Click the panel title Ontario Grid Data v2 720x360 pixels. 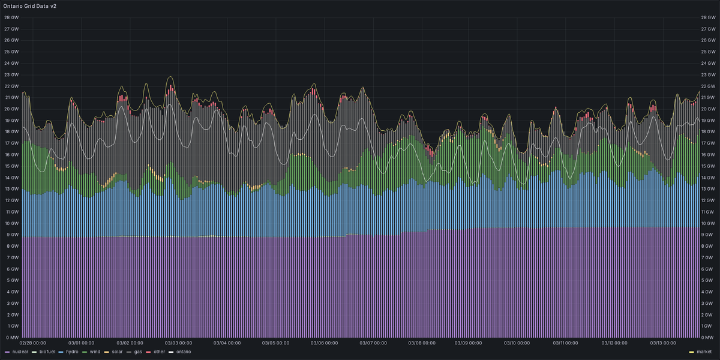click(x=30, y=5)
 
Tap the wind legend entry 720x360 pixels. click(x=95, y=351)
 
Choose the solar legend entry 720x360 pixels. click(x=118, y=351)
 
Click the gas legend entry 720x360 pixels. click(x=138, y=351)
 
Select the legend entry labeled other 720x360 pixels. click(x=159, y=351)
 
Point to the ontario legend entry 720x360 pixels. click(x=183, y=351)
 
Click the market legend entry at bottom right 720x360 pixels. click(x=704, y=351)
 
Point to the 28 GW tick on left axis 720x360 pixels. click(x=11, y=17)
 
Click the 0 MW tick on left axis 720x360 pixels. click(x=11, y=338)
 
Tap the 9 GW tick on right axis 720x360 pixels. click(x=709, y=235)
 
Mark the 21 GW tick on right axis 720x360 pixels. click(x=710, y=97)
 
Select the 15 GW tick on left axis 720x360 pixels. click(x=11, y=166)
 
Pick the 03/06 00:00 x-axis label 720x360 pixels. click(x=325, y=343)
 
